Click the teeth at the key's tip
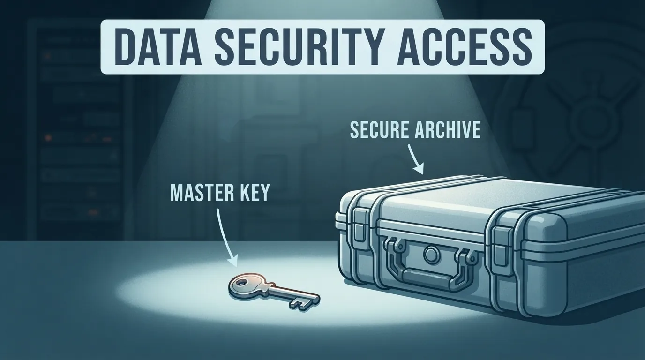[x=300, y=304]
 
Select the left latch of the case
[x=359, y=225]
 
